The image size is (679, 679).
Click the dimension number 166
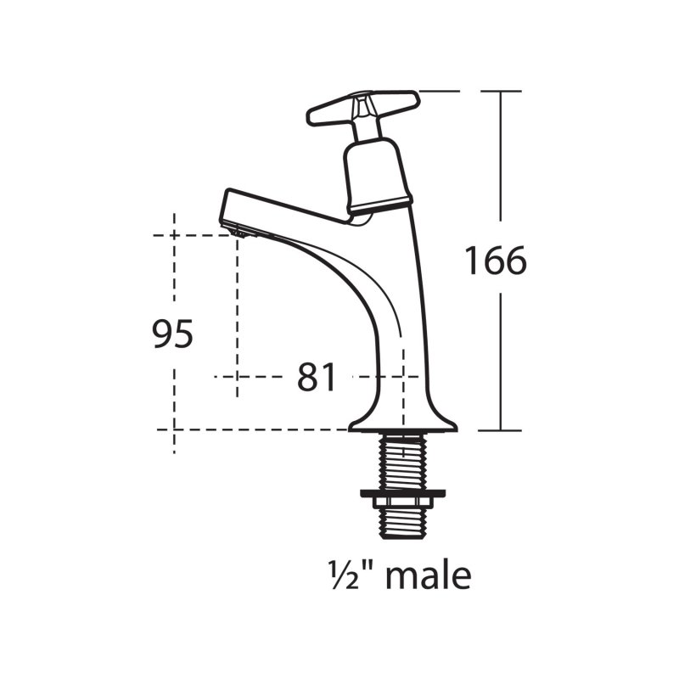tap(496, 261)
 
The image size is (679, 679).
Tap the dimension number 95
tap(172, 334)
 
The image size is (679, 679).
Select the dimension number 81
tap(317, 377)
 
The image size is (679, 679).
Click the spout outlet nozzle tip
tap(240, 233)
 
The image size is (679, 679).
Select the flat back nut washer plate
tap(402, 493)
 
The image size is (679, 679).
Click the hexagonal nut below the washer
tap(402, 502)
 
